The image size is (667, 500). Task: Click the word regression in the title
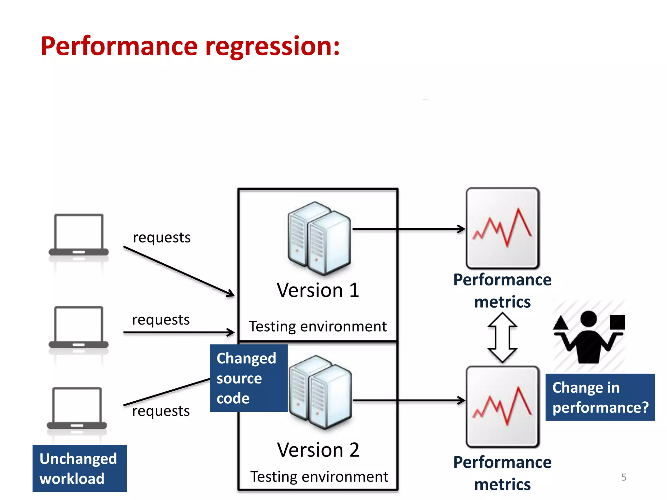(273, 47)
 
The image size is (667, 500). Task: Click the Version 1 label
(318, 290)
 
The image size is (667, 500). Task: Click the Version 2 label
(318, 450)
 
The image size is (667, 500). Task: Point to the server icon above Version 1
(319, 238)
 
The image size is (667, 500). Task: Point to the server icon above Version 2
(320, 392)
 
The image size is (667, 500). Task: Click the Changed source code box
(248, 378)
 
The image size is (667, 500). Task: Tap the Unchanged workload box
(79, 468)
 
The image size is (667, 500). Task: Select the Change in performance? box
(600, 397)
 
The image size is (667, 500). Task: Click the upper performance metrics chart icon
(503, 228)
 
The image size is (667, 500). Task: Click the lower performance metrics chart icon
(503, 406)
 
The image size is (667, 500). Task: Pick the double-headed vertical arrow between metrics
(502, 338)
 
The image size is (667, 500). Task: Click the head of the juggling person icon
(588, 319)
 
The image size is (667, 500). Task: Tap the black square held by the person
(617, 322)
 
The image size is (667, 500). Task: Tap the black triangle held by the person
(561, 323)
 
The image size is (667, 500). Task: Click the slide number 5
(624, 477)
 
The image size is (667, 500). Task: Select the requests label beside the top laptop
(162, 237)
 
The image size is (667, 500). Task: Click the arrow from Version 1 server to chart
(409, 229)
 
